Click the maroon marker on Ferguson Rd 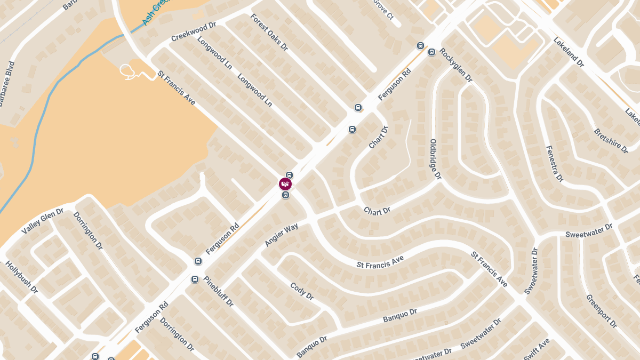285,185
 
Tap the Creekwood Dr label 193,32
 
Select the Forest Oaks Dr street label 269,32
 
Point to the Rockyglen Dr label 456,65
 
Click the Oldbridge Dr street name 435,159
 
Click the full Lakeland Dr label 569,52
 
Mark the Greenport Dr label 601,311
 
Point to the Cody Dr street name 302,291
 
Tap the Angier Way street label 281,235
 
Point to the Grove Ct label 383,10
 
